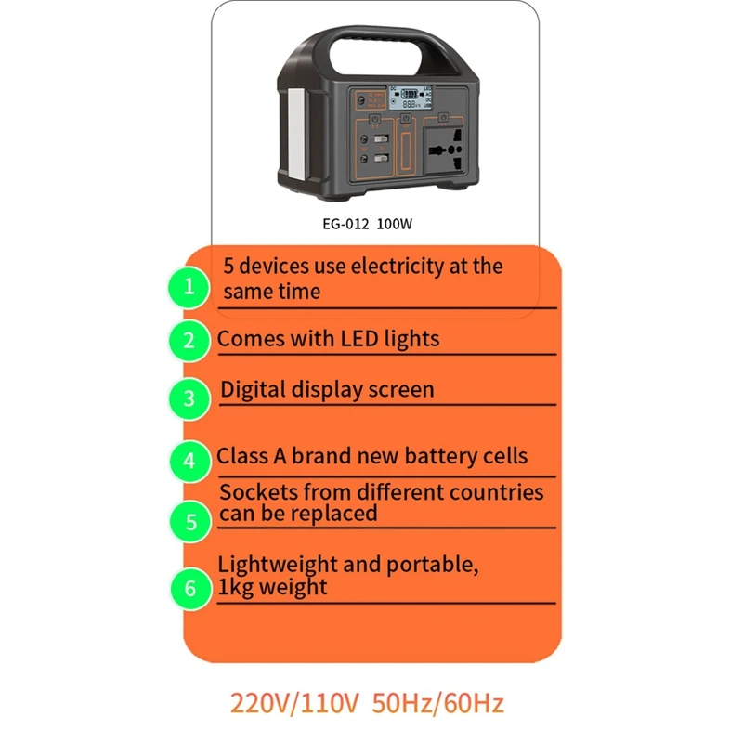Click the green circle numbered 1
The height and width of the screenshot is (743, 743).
pos(189,287)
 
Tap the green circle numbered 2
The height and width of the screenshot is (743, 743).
pos(189,340)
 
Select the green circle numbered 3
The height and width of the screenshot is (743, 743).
pos(189,398)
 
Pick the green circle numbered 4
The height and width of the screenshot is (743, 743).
pos(189,461)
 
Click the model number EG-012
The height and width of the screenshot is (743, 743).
pos(344,224)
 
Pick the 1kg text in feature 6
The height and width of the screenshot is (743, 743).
pos(236,587)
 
